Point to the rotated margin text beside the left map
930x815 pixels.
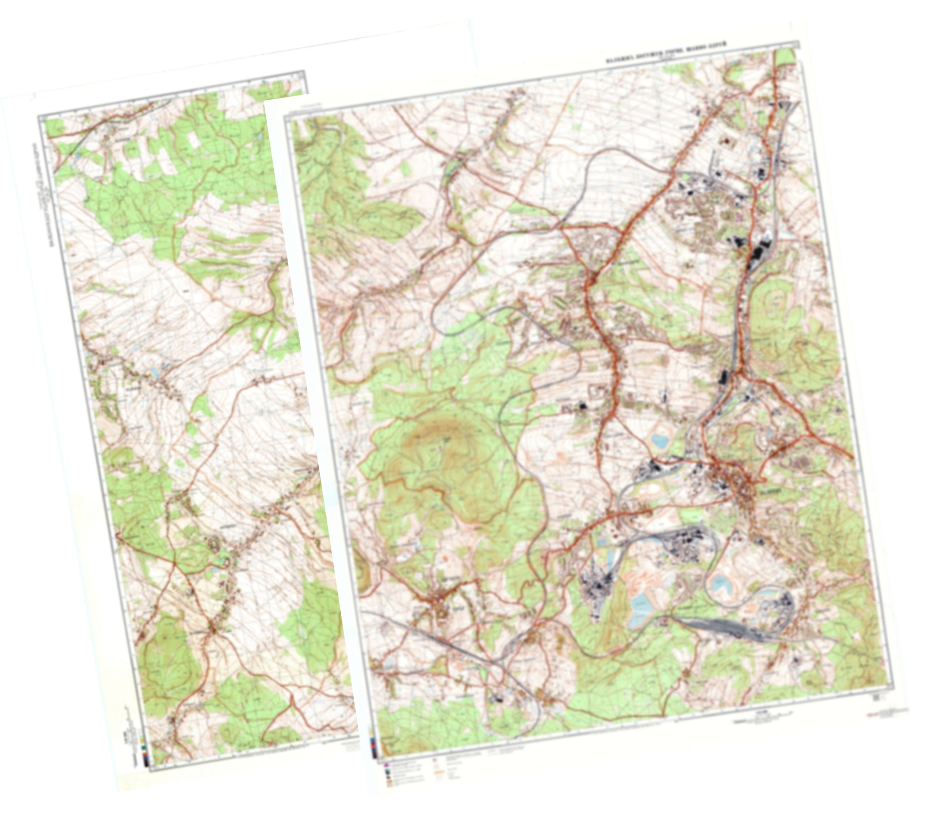[40, 191]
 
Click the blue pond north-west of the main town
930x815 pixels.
[661, 439]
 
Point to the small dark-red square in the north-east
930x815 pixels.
[728, 141]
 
